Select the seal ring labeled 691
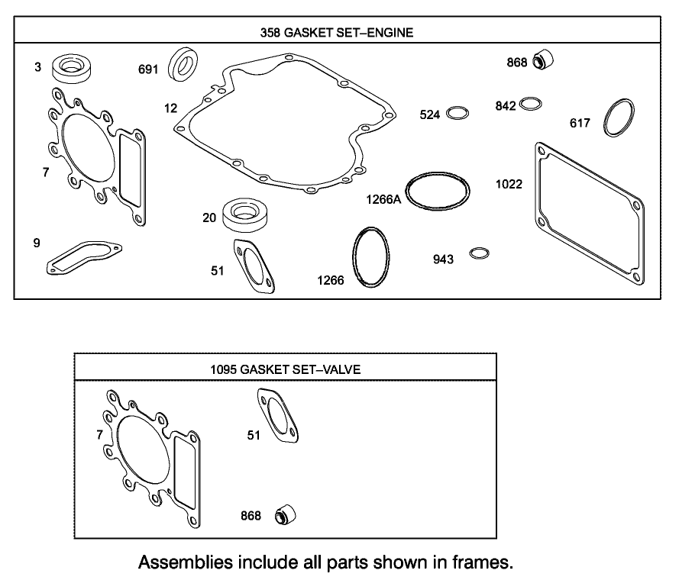184,64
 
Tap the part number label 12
170,108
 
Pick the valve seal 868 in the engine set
543,59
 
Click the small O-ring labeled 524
458,114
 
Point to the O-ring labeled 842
531,105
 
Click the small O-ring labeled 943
480,253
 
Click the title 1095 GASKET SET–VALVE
285,369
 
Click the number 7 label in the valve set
99,434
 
